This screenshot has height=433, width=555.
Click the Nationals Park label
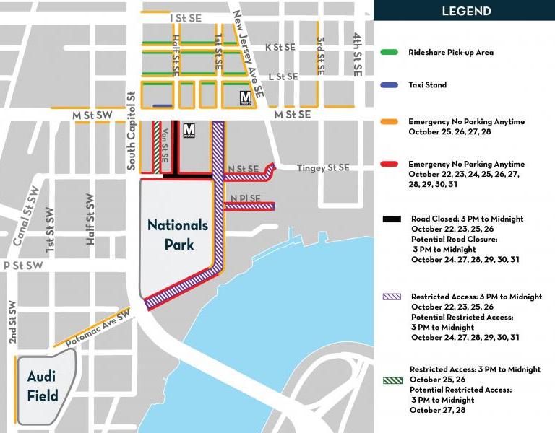pyautogui.click(x=178, y=235)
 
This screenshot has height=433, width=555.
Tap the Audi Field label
pyautogui.click(x=42, y=385)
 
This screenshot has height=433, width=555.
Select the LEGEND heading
pyautogui.click(x=466, y=11)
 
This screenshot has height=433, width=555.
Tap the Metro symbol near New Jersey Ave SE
pyautogui.click(x=246, y=97)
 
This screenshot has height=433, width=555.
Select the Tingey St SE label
pyautogui.click(x=323, y=168)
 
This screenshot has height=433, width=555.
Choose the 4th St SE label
pyautogui.click(x=357, y=55)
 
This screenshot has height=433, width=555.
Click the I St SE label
pyautogui.click(x=185, y=18)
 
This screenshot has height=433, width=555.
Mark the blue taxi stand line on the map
pyautogui.click(x=163, y=106)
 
